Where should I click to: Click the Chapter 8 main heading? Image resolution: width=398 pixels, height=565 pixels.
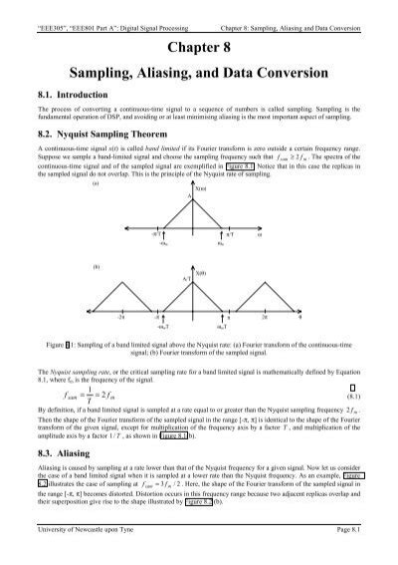pyautogui.click(x=199, y=49)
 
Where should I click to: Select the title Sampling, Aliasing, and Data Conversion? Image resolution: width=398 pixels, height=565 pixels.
pyautogui.click(x=199, y=76)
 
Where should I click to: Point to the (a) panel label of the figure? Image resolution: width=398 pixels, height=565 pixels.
pyautogui.click(x=96, y=211)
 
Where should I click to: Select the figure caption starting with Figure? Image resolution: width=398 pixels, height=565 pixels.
pyautogui.click(x=199, y=354)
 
